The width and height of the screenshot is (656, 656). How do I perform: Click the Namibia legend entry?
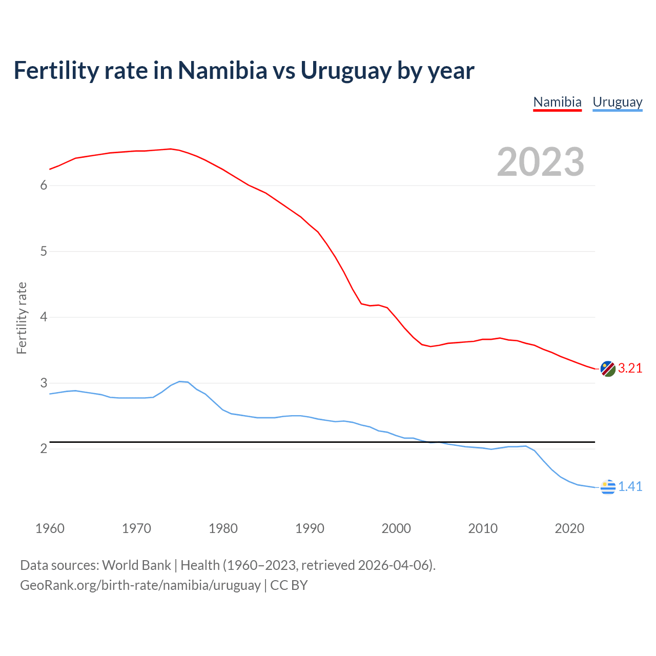[557, 102]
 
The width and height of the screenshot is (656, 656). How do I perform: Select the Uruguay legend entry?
[617, 102]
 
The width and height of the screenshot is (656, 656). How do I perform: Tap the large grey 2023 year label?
[541, 162]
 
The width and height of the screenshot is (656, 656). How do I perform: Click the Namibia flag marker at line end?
[608, 368]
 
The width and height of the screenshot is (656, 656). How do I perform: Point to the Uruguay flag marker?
[608, 487]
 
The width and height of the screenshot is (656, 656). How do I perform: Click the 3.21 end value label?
[630, 368]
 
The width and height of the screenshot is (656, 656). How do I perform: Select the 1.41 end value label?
[630, 487]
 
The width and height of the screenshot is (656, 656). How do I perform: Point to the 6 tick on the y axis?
[44, 186]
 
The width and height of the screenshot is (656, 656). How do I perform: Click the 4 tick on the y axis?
[44, 317]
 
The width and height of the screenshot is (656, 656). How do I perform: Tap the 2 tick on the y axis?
[44, 449]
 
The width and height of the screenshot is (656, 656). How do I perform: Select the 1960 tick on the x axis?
[50, 528]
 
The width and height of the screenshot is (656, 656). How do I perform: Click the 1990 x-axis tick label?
[310, 528]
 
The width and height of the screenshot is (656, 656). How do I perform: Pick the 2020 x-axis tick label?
[569, 528]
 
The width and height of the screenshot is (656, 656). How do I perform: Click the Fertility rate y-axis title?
[22, 318]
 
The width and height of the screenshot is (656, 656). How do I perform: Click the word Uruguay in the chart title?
[346, 71]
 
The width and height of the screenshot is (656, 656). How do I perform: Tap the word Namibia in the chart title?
[222, 71]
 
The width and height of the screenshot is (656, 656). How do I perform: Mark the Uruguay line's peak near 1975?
[180, 381]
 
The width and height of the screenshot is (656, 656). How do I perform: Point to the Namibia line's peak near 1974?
[170, 149]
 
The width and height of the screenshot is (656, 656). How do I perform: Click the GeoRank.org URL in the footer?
[140, 585]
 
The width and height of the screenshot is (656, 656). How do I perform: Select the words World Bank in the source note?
[136, 565]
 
